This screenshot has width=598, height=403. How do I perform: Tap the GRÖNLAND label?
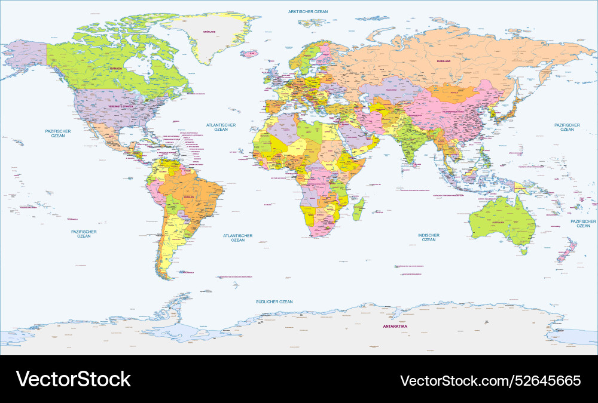coord(209,31)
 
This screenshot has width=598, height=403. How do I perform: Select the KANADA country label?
coord(115,69)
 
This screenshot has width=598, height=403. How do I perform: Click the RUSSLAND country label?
coord(443,61)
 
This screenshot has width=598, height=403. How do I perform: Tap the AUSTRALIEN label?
coord(498,222)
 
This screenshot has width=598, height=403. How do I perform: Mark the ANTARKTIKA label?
coord(395,327)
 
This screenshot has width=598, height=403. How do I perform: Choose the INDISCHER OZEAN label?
coord(429,237)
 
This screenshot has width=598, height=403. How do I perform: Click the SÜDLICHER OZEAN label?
coord(274,302)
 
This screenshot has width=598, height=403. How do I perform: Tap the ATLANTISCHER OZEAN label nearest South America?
coord(238,238)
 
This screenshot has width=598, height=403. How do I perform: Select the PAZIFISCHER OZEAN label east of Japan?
coord(567,128)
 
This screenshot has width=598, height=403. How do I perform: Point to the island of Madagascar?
coord(359,208)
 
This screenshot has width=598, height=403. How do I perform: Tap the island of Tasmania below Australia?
coord(523,252)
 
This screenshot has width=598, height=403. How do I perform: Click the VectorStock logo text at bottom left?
coord(73,379)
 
